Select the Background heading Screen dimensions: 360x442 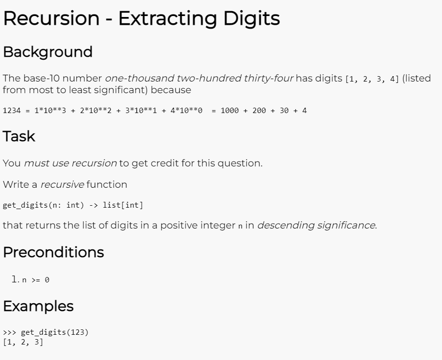[48, 52]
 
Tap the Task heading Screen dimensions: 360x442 [19, 136]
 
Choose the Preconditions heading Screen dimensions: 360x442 [53, 252]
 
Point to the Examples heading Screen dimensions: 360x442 [38, 306]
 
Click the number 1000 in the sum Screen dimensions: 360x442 [230, 111]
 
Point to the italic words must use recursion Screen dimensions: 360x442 [70, 164]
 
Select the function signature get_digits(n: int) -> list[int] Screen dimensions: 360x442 [73, 205]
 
